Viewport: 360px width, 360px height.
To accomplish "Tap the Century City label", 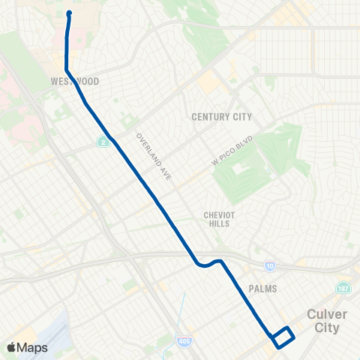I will tap(222, 117).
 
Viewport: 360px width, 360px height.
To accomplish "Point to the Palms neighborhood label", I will tap(261, 289).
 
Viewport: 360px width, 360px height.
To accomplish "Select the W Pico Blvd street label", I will tap(233, 151).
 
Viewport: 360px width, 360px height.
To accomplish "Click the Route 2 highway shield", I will tap(103, 141).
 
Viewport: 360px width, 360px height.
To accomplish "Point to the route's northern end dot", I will tap(69, 13).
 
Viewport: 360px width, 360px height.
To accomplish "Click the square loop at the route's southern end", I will tap(282, 337).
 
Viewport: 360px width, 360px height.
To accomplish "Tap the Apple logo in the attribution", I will tap(11, 347).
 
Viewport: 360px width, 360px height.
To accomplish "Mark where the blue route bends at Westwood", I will tap(67, 70).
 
